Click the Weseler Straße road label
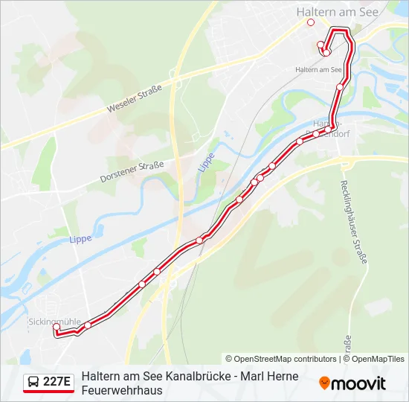click(134, 97)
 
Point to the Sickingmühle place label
click(54, 322)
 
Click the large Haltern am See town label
click(337, 12)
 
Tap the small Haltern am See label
click(318, 69)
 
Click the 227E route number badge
click(57, 383)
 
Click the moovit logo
click(352, 383)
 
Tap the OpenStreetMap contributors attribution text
click(281, 359)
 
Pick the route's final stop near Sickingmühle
click(57, 327)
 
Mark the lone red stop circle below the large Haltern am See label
click(311, 22)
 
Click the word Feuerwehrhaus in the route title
click(120, 390)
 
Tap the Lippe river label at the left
click(80, 239)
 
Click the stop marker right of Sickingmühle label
click(88, 325)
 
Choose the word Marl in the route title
click(246, 376)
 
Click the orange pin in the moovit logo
click(324, 383)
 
